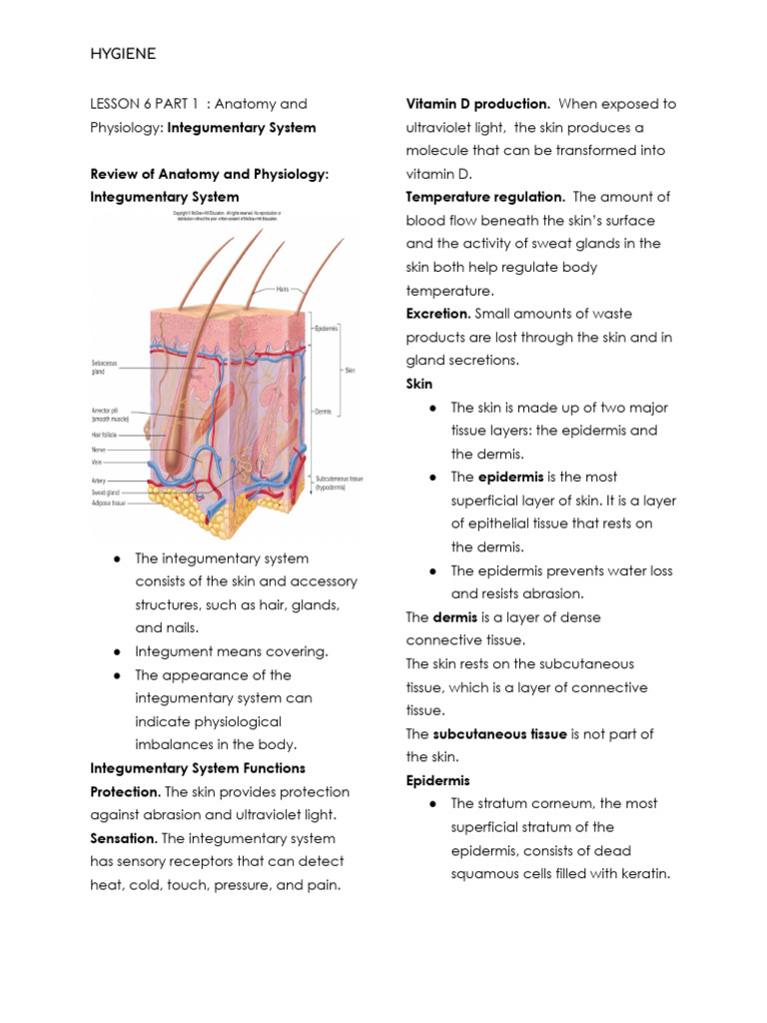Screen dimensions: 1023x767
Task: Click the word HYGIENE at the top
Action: pyautogui.click(x=123, y=54)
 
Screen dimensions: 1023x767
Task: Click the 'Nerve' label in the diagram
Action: pyautogui.click(x=98, y=450)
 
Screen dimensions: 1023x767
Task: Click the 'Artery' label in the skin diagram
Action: pyautogui.click(x=98, y=480)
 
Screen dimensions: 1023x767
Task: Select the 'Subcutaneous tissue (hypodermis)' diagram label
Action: pyautogui.click(x=340, y=484)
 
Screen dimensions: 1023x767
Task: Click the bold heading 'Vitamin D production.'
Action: pyautogui.click(x=477, y=104)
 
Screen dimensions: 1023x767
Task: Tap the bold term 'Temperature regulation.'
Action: pyautogui.click(x=485, y=197)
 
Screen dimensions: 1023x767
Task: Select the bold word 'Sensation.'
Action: pyautogui.click(x=123, y=838)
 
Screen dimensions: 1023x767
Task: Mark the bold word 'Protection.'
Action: pyautogui.click(x=124, y=792)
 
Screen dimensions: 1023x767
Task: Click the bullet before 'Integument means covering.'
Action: pyautogui.click(x=117, y=651)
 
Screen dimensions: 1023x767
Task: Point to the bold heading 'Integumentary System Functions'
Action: pyautogui.click(x=198, y=768)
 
